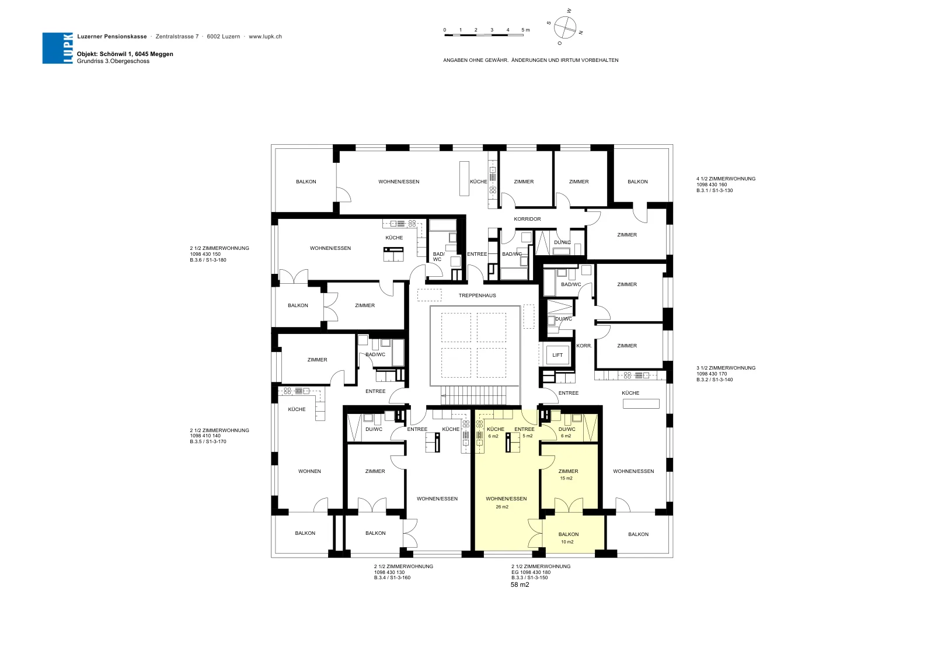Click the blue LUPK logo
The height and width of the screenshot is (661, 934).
[x=58, y=48]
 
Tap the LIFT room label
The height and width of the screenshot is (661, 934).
[x=557, y=355]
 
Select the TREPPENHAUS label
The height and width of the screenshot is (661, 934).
[x=478, y=295]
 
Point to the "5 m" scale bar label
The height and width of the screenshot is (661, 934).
[x=525, y=30]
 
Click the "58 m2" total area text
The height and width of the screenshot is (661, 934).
[x=520, y=585]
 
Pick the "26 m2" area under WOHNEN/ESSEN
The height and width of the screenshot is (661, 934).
[x=502, y=507]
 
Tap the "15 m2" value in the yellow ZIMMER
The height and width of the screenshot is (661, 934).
[x=566, y=478]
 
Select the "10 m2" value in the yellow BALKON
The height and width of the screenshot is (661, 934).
[x=567, y=542]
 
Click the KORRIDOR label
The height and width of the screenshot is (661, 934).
[x=528, y=219]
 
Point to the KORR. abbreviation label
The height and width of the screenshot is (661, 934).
[x=584, y=346]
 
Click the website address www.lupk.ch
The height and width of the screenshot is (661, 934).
[x=265, y=37]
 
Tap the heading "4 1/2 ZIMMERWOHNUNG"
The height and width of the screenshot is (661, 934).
[x=726, y=179]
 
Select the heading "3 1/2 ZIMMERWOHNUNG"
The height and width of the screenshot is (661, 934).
[x=726, y=368]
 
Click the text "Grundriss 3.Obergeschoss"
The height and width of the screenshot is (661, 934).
[x=113, y=61]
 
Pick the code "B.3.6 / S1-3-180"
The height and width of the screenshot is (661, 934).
[x=208, y=260]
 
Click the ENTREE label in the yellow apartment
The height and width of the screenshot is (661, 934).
[x=525, y=429]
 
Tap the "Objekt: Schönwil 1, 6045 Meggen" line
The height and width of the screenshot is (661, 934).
[x=125, y=54]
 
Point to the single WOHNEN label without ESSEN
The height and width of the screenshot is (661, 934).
[x=309, y=471]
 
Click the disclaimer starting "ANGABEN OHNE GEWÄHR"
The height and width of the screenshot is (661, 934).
[x=531, y=60]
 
